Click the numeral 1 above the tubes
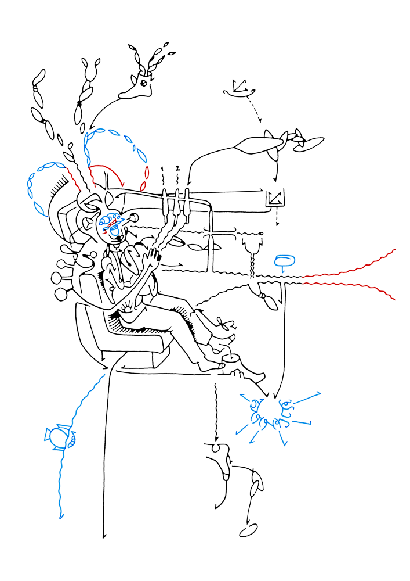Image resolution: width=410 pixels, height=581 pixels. point(162,169)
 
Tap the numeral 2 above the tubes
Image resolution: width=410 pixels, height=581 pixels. point(177,168)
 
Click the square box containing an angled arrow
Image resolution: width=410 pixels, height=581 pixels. point(275,198)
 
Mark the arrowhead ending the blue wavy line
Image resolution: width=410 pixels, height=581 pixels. point(61,515)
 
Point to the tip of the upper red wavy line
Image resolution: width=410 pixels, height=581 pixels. point(395,250)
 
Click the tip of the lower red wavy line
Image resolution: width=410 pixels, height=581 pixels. point(394,299)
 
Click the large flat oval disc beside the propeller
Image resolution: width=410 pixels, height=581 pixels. point(309,144)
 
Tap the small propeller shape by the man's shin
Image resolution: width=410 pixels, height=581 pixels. point(223,324)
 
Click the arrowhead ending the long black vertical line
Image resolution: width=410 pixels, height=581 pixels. point(104,536)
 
